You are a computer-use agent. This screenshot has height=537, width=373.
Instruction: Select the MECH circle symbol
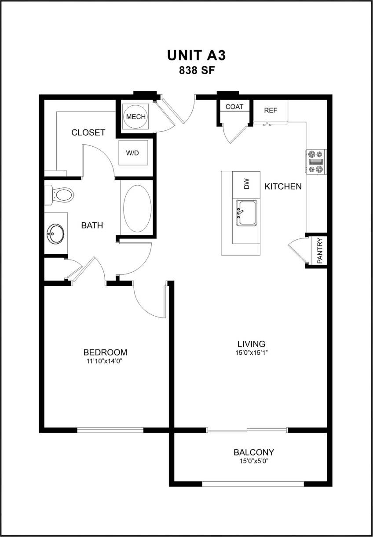pyautogui.click(x=136, y=117)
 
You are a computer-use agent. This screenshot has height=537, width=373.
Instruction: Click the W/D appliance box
pyautogui.click(x=132, y=153)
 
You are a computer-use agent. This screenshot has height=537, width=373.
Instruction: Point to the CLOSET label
pyautogui.click(x=88, y=133)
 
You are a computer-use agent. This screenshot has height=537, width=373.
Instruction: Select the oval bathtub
pyautogui.click(x=137, y=208)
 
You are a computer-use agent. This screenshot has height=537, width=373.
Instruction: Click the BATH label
pyautogui.click(x=92, y=226)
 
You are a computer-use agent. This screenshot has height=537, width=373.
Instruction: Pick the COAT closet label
pyautogui.click(x=234, y=107)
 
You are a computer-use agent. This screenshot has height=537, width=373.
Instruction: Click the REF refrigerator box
pyautogui.click(x=271, y=111)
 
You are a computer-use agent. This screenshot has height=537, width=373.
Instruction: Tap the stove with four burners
pyautogui.click(x=316, y=162)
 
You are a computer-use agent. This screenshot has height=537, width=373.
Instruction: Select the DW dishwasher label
pyautogui.click(x=246, y=184)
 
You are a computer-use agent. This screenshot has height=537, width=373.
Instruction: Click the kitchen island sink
pyautogui.click(x=246, y=213)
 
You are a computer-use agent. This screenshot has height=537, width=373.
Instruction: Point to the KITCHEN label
pyautogui.click(x=283, y=186)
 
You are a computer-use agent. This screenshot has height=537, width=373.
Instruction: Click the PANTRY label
pyautogui.click(x=320, y=250)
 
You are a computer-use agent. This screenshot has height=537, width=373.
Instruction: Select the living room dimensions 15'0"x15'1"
pyautogui.click(x=251, y=353)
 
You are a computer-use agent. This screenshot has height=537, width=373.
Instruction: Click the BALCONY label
pyautogui.click(x=254, y=452)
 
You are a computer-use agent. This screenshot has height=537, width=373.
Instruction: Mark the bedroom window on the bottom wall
pyautogui.click(x=110, y=430)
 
